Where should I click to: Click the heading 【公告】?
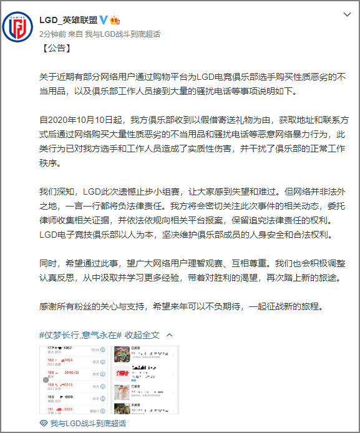pyautogui.click(x=58, y=47)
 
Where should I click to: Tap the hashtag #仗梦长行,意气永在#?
pyautogui.click(x=80, y=335)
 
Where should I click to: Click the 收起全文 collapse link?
pyautogui.click(x=142, y=335)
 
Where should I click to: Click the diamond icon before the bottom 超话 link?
pyautogui.click(x=44, y=423)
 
